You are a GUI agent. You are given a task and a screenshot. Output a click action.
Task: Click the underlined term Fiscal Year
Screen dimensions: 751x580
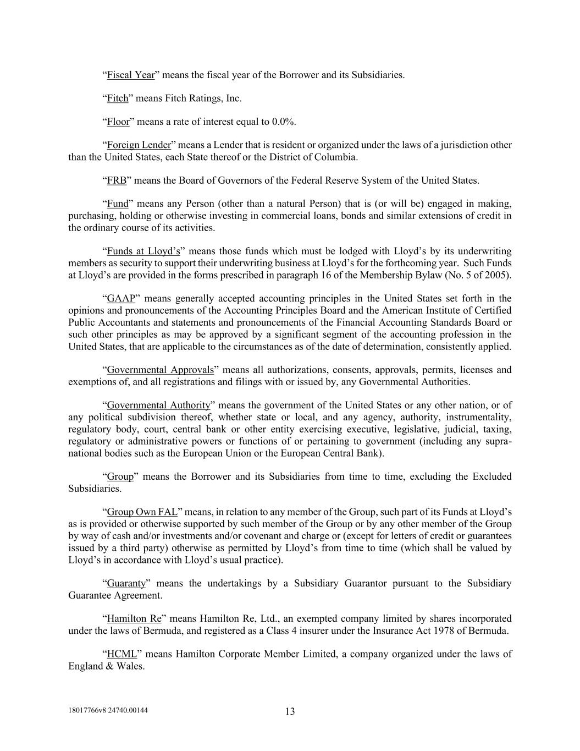click(x=130, y=75)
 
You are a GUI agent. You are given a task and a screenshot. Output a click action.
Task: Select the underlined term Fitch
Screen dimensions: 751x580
click(x=117, y=98)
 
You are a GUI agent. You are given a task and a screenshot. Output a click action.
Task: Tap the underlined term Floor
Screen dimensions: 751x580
click(x=118, y=122)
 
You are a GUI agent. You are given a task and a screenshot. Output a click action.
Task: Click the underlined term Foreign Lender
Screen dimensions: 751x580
click(x=139, y=145)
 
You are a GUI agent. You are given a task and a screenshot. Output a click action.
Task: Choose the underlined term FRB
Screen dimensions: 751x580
click(x=117, y=180)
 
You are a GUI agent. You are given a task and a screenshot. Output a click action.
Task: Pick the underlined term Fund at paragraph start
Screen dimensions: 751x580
click(x=117, y=204)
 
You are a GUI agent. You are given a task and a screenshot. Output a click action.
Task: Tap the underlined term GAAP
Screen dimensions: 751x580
click(x=121, y=299)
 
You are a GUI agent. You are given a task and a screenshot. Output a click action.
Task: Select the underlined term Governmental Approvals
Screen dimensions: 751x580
click(x=160, y=370)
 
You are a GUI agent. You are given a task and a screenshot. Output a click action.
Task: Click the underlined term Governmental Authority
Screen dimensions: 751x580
click(x=158, y=405)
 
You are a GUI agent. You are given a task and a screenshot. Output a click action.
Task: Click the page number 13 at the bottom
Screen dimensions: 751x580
click(x=290, y=711)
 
